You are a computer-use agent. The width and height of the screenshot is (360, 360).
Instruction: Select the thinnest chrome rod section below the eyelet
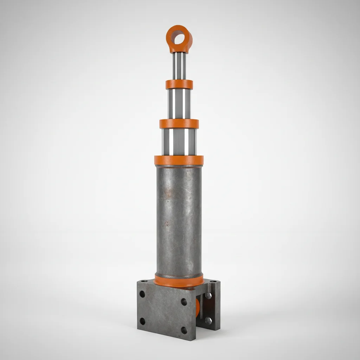(179, 66)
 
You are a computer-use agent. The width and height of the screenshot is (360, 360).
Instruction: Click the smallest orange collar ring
(179, 84)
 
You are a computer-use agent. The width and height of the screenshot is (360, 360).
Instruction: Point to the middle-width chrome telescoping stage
(179, 104)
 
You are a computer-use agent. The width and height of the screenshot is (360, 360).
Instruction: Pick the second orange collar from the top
(179, 124)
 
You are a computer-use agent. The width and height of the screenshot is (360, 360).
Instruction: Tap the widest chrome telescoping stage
(179, 142)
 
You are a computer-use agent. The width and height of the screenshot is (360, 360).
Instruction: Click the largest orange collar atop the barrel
(179, 160)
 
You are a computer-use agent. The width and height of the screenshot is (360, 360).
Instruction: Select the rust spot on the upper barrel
(170, 192)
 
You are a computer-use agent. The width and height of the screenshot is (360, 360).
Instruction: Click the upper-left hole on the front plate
(142, 294)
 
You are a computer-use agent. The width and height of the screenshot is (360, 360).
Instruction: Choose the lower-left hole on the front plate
(142, 321)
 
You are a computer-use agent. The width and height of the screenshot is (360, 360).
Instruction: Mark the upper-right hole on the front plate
(184, 302)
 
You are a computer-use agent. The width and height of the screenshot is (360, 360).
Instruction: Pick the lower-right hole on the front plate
(184, 330)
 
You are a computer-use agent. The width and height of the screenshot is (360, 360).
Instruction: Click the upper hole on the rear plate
(208, 296)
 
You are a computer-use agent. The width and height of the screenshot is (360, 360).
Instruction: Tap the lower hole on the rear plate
(208, 320)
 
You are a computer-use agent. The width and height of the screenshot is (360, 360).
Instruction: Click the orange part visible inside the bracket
(198, 307)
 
